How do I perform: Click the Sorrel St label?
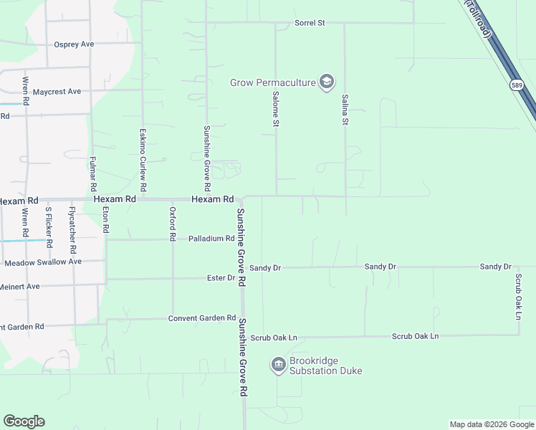coord(310,23)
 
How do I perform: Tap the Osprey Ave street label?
coord(74,44)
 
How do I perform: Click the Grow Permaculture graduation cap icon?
coord(327,82)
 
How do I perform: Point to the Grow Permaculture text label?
coord(273,82)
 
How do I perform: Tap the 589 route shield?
coord(517,85)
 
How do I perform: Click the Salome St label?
coord(275,109)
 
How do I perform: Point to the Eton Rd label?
coord(105,219)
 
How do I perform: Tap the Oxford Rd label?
coord(172,223)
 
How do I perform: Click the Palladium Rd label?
coord(211,239)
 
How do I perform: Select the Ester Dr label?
coord(221,277)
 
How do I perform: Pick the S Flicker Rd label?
coord(49,227)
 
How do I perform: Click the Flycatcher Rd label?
coord(72,230)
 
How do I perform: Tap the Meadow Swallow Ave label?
coord(43,262)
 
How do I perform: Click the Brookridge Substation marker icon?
coord(278,365)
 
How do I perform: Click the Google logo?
coord(24,421)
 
